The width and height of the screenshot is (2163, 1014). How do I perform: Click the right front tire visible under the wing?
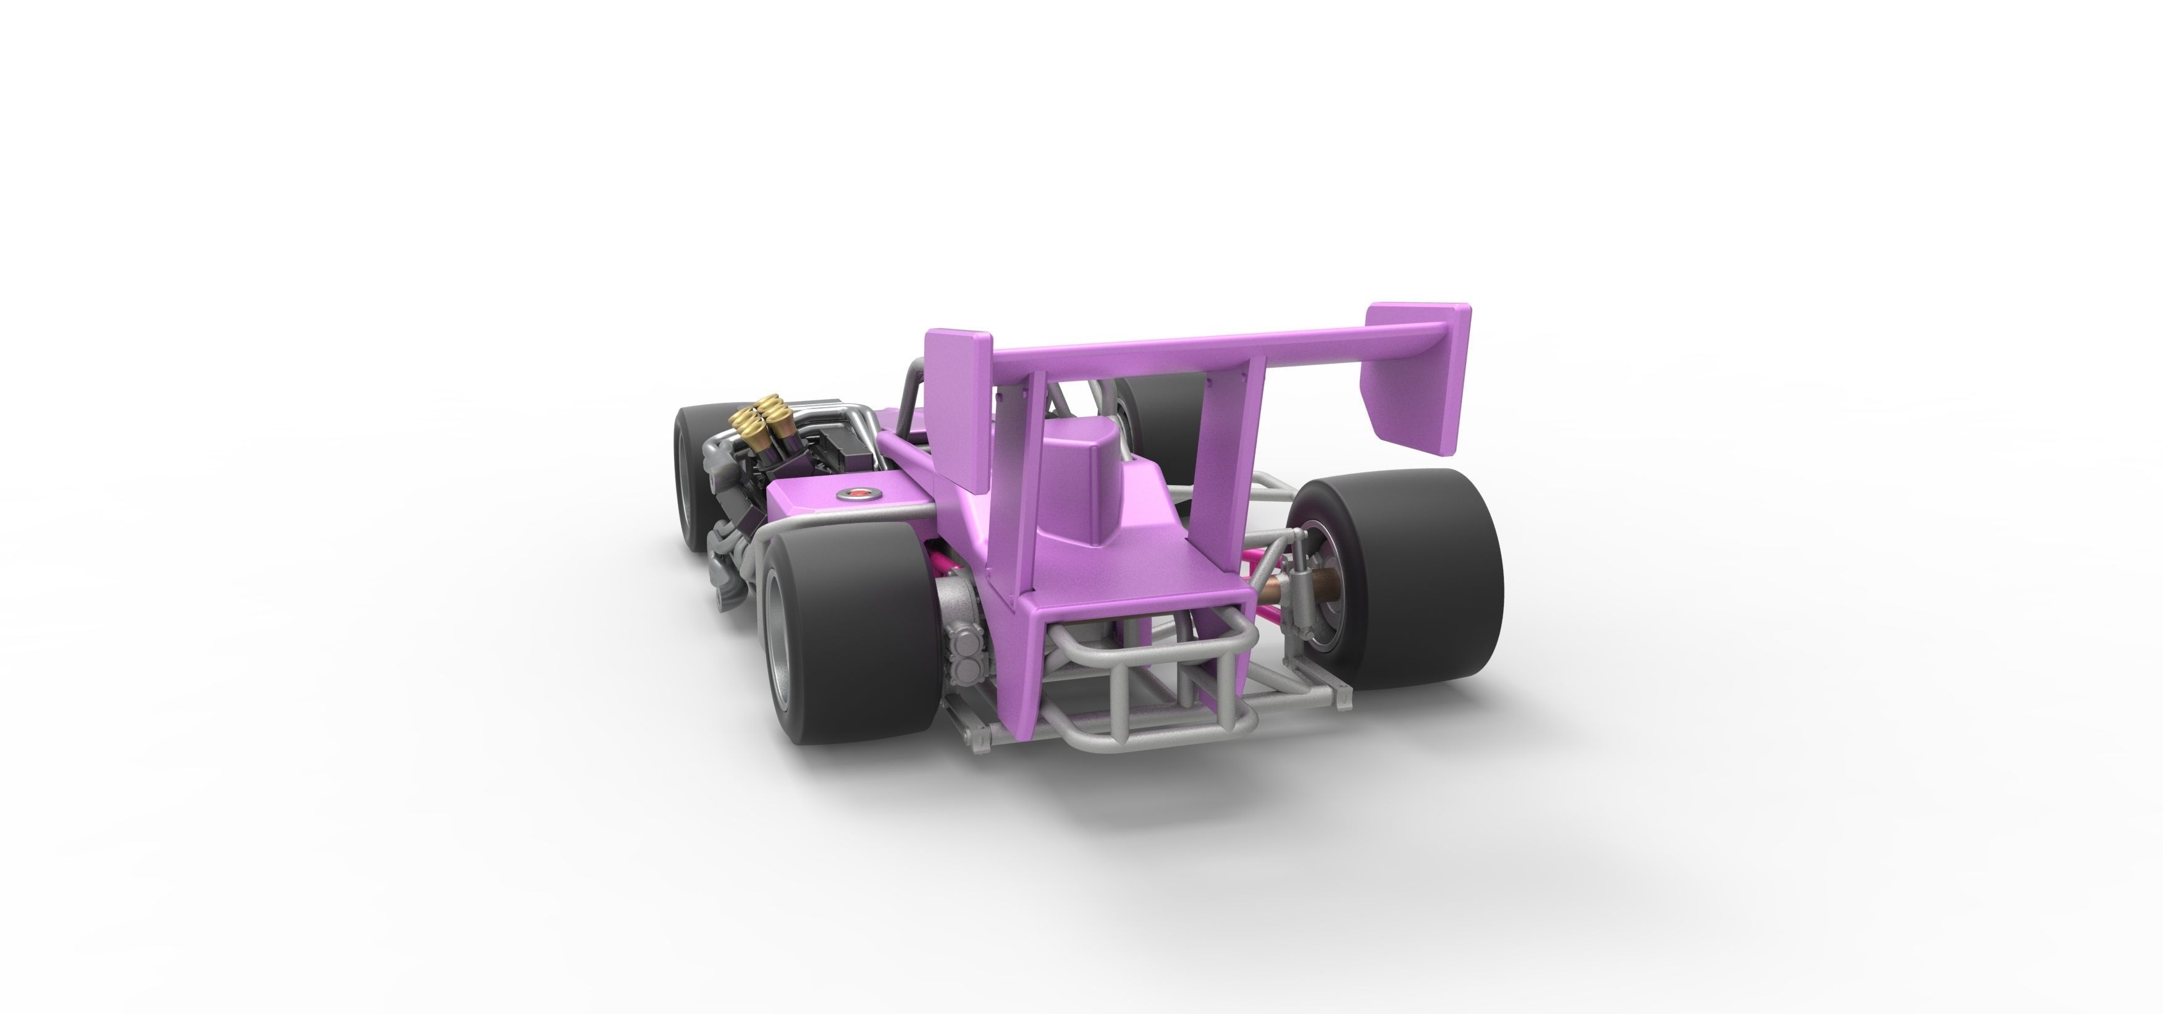[x=1167, y=428]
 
